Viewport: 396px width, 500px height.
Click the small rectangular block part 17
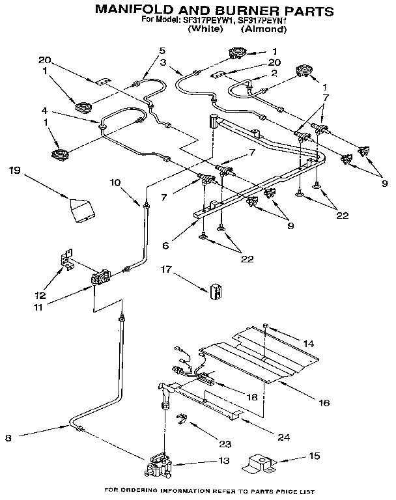click(216, 291)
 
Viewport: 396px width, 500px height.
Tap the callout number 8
click(8, 438)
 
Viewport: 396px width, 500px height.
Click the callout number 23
click(224, 445)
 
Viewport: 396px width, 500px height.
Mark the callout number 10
click(115, 182)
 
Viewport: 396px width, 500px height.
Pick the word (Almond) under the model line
click(263, 29)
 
